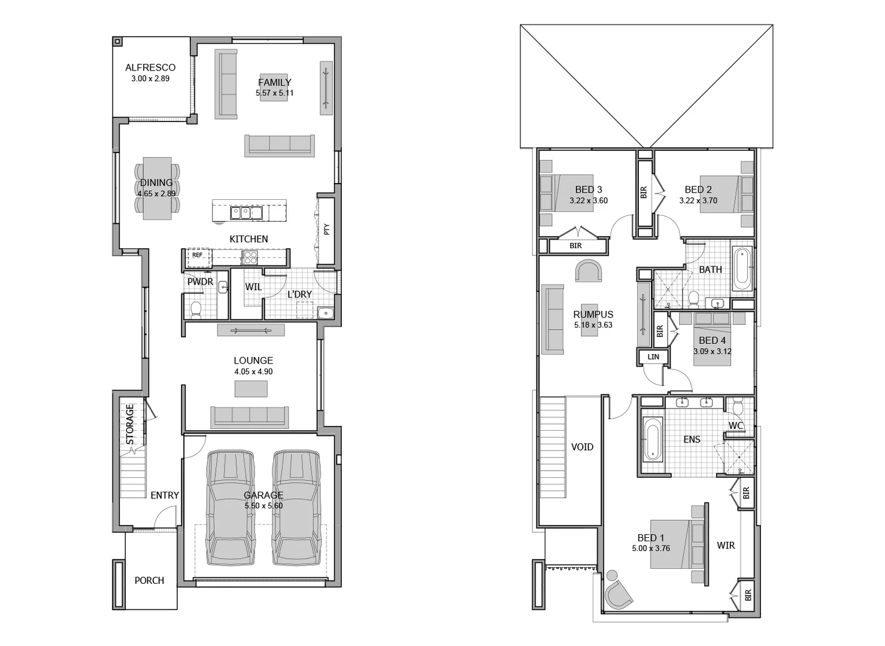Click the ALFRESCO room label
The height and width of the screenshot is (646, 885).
pos(150,68)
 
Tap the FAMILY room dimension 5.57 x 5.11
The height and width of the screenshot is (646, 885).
pos(274,93)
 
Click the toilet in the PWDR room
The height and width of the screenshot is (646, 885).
pos(195,309)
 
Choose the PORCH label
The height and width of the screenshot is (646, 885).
pos(149,580)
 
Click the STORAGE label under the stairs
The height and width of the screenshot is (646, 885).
pos(130,424)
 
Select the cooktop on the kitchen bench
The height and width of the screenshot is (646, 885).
pos(250,257)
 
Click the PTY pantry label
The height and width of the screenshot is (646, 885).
pos(326,229)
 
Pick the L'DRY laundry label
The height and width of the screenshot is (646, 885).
pos(299,294)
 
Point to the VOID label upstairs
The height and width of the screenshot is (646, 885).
pos(582,447)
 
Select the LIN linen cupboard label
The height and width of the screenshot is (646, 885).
pos(653,357)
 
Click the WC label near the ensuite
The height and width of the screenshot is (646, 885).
pos(736,426)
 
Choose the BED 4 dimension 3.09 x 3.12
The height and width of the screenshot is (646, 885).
pos(712,352)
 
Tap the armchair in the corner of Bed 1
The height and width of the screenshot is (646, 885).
pos(617,593)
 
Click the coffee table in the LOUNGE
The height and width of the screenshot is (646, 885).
pos(251,389)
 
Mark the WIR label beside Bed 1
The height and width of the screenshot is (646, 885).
pos(726,546)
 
